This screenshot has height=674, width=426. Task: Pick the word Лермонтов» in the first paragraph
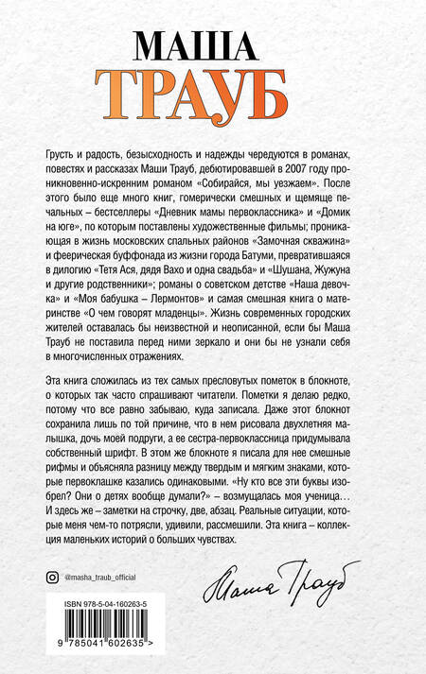(x=179, y=288)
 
